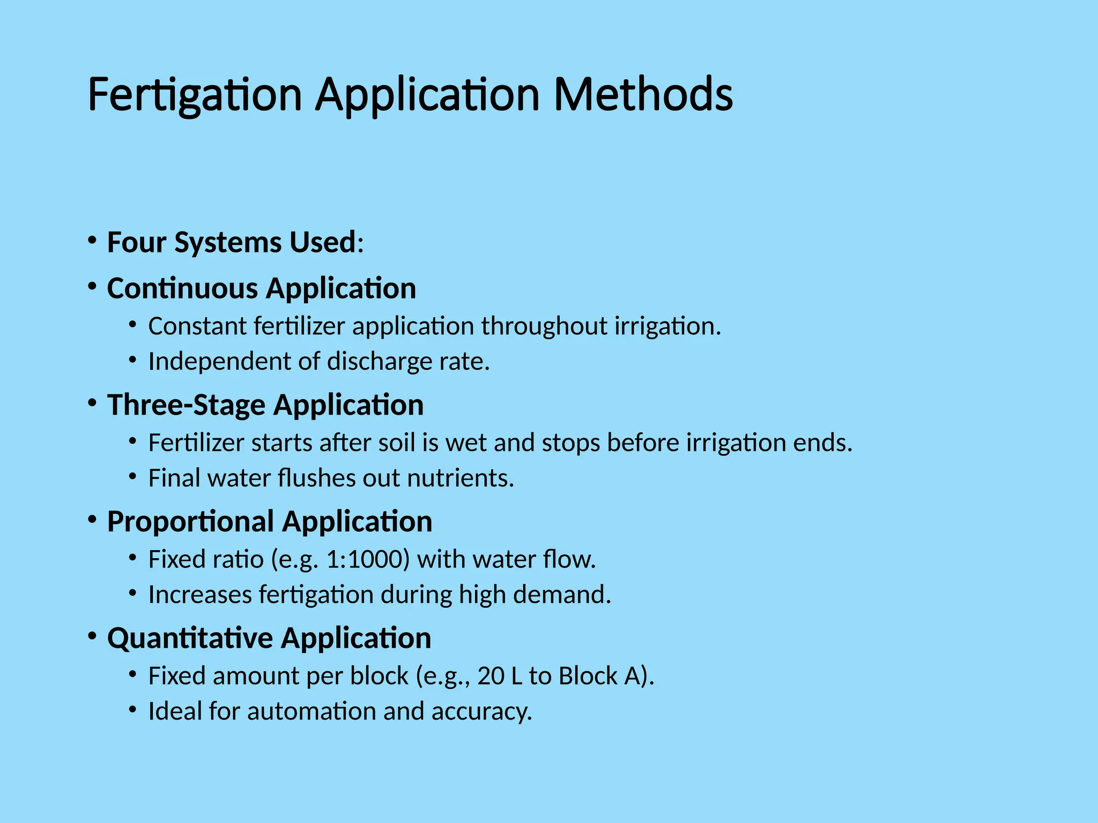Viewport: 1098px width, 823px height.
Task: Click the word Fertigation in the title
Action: point(195,95)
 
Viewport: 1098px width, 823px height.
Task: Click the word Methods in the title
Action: point(643,95)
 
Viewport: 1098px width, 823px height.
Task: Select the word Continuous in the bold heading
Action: point(182,288)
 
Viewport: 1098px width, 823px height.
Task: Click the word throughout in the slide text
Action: point(544,326)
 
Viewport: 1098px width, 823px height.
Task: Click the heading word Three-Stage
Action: point(186,405)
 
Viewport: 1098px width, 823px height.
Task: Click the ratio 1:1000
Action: point(368,559)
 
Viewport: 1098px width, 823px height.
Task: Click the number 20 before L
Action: point(490,676)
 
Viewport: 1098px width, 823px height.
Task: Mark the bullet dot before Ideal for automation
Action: point(132,709)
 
